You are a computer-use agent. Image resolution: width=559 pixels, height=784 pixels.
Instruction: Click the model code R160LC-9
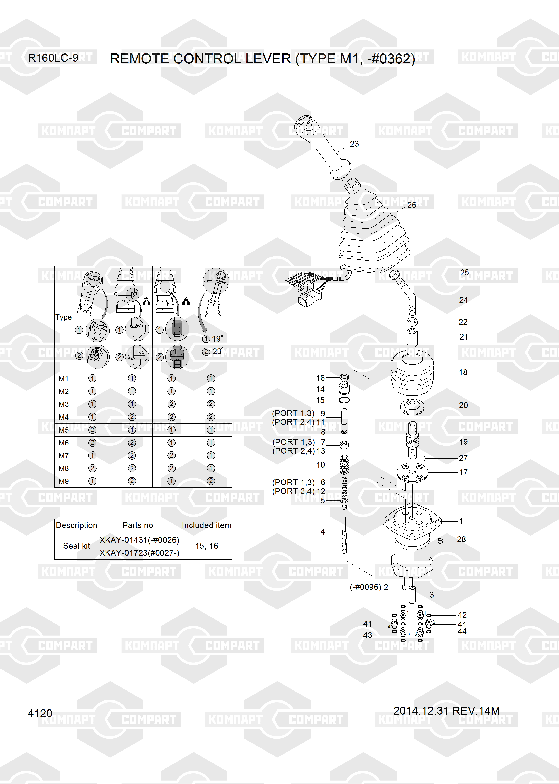[53, 58]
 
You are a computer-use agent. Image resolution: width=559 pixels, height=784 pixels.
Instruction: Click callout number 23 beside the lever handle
[354, 144]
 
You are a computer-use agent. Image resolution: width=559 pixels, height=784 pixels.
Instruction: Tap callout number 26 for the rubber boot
[412, 205]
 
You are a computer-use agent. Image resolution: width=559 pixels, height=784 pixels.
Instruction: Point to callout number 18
[463, 372]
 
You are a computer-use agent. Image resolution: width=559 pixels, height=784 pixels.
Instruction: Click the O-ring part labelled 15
[344, 400]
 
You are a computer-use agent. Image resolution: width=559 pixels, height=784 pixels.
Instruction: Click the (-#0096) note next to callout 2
[365, 587]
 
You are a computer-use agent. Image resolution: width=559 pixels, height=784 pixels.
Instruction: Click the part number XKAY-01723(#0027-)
[139, 553]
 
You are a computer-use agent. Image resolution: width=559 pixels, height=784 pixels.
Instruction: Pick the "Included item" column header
[207, 525]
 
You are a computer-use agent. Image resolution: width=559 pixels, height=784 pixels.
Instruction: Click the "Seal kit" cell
[76, 546]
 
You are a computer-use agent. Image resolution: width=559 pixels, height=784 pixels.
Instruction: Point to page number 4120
[40, 714]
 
